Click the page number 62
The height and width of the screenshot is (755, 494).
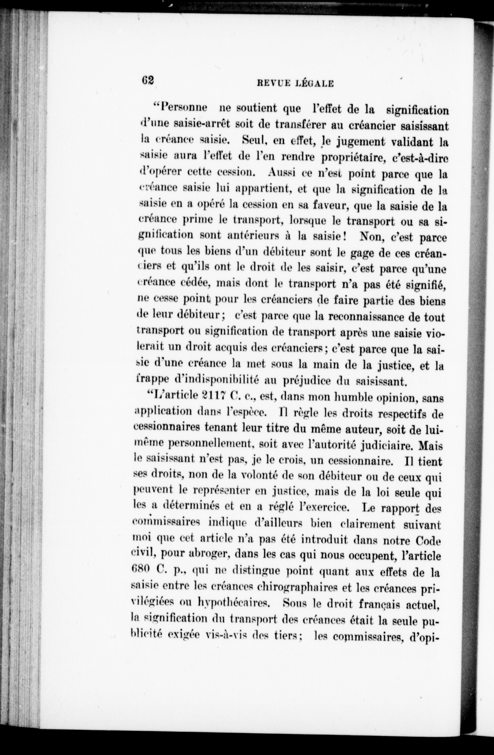(x=148, y=80)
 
